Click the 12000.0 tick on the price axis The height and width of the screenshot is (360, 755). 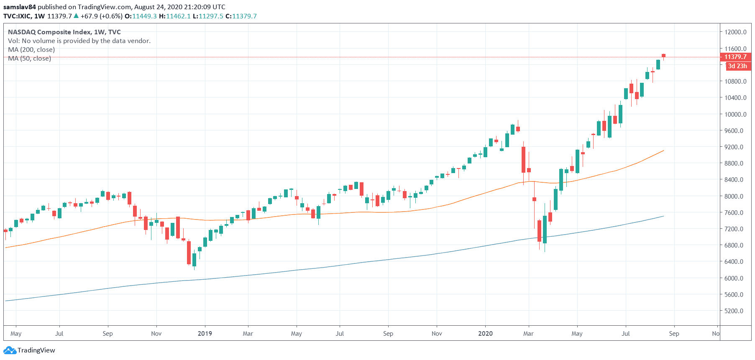click(735, 32)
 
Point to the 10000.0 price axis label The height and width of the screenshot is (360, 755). click(735, 114)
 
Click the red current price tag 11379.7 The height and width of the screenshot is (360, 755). click(735, 57)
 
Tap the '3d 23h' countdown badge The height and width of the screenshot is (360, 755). click(737, 66)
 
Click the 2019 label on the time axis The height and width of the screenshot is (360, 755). click(205, 334)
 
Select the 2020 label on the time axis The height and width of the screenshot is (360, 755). click(485, 334)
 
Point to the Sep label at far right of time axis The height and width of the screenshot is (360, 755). click(674, 334)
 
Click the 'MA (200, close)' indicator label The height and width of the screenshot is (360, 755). click(31, 50)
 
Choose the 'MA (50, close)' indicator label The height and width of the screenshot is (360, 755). click(30, 59)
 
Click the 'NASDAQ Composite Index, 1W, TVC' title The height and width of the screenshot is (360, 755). click(64, 32)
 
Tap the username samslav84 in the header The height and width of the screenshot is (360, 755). click(20, 7)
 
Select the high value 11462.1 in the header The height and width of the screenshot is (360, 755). click(178, 16)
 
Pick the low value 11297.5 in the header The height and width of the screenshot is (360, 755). click(211, 16)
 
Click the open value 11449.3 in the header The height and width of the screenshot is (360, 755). click(144, 16)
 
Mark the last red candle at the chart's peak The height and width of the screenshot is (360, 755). click(663, 56)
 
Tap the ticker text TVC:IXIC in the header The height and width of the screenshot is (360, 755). click(17, 16)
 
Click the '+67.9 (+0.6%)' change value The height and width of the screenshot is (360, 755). click(101, 16)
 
